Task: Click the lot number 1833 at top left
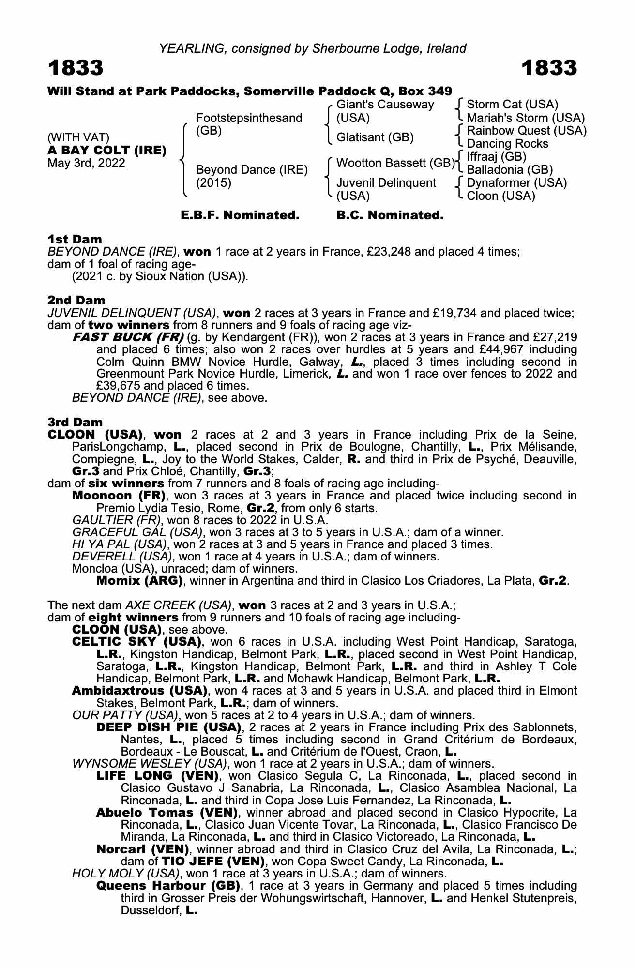76,68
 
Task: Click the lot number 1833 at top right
549,68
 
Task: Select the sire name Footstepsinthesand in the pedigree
249,118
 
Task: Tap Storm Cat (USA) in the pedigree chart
512,105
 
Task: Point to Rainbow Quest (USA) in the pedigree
526,131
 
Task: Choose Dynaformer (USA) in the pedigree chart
516,183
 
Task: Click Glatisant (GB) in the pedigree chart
375,137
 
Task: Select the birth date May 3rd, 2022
86,163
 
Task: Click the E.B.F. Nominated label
240,215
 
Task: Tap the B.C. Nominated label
390,215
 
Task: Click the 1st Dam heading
75,239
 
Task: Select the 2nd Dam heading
76,301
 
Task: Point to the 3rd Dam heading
75,423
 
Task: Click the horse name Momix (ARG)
139,580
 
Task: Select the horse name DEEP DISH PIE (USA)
168,727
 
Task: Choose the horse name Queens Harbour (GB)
168,886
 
